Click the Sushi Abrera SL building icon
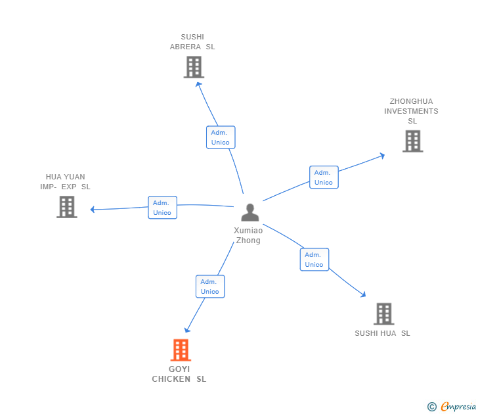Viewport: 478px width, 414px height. pos(194,67)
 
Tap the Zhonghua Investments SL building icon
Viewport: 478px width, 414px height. pos(412,141)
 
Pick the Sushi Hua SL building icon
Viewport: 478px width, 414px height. pos(383,313)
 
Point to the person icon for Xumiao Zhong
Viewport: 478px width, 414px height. pos(250,212)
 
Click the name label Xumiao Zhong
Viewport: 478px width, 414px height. pos(248,235)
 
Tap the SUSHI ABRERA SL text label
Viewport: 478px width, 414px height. pos(192,42)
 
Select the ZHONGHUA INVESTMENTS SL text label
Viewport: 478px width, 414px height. pos(411,111)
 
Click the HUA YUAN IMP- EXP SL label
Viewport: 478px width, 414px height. pos(65,182)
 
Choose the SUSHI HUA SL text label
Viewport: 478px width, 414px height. pos(382,333)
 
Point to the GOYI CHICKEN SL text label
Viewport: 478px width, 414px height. pos(179,374)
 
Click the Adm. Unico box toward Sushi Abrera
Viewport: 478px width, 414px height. pos(220,137)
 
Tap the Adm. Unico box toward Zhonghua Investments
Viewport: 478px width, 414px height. pos(324,177)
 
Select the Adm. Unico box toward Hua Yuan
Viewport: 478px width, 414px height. pos(162,208)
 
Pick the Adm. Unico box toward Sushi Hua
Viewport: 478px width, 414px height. pos(314,260)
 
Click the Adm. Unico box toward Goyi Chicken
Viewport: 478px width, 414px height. pos(210,287)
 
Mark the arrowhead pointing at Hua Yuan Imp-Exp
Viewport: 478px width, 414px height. pos(93,210)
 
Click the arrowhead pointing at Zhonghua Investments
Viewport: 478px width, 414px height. pos(382,155)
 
